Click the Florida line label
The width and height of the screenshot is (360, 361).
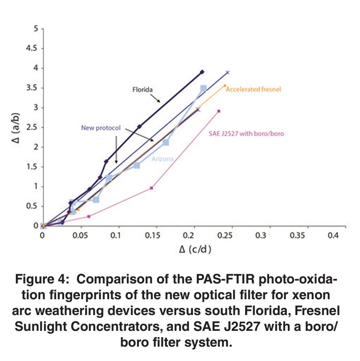(143, 89)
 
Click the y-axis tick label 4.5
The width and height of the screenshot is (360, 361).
(32, 48)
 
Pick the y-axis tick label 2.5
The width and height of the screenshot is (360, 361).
(32, 126)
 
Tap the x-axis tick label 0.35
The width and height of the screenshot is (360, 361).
(296, 236)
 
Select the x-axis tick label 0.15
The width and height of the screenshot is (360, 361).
(151, 236)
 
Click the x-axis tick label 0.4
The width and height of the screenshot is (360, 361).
(333, 236)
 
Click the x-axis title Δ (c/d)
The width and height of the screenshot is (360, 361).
(188, 249)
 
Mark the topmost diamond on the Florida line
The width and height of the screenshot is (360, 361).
(202, 72)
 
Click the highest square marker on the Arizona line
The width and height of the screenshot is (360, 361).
(203, 88)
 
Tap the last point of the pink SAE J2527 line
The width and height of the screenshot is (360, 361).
(219, 111)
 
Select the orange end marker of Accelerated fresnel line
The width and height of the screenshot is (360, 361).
(225, 86)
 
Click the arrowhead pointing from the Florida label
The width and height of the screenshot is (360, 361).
(159, 102)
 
